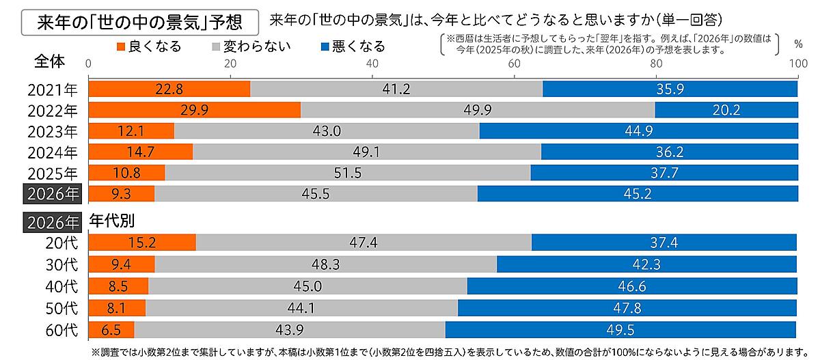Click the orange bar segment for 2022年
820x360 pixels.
(x=195, y=110)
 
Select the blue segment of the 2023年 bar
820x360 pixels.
(x=638, y=131)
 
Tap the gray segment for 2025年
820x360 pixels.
(x=347, y=173)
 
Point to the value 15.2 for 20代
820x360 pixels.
(x=141, y=243)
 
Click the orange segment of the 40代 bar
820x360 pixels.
(x=119, y=286)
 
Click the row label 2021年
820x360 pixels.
(x=53, y=89)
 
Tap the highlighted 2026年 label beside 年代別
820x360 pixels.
(x=53, y=221)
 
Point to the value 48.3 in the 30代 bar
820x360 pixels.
(x=326, y=264)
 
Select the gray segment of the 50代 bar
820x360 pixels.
(x=301, y=308)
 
